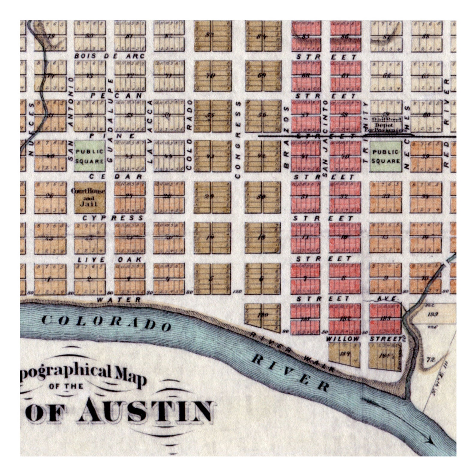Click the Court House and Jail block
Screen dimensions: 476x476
point(89,198)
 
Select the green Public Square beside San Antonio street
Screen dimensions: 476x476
point(89,156)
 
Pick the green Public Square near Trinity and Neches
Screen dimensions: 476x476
point(385,156)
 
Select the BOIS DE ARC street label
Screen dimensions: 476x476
point(109,56)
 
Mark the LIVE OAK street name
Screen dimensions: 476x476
point(109,260)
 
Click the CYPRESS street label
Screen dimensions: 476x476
point(113,218)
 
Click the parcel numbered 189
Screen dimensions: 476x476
point(433,314)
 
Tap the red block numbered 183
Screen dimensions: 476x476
point(385,318)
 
